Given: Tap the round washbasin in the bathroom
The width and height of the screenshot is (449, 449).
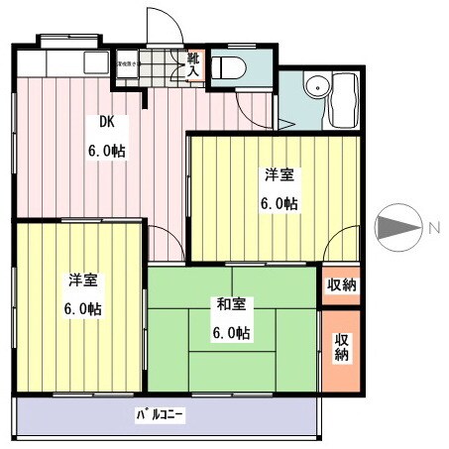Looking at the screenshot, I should coord(316,86).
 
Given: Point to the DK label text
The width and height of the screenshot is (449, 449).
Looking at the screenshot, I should coord(106,124).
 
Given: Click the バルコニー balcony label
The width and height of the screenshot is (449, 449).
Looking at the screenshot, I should coord(161,413).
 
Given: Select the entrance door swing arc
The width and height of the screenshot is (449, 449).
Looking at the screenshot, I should coord(160,25).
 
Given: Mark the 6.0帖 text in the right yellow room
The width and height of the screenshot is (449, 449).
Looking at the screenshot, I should coord(279,204).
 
